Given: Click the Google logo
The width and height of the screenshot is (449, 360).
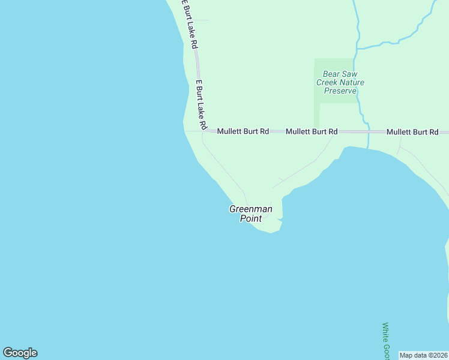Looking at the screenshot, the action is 20,353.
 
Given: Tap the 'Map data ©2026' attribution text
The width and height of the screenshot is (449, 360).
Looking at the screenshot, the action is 424,355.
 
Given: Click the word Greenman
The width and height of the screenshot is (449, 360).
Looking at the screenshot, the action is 251,209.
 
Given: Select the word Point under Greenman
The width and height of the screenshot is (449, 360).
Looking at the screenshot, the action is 251,218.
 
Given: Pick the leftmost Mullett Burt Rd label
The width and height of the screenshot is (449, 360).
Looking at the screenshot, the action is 243,131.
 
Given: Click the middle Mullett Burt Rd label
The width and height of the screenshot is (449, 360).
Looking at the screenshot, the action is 311,131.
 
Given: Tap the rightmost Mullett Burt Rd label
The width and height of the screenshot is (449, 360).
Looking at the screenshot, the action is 412,131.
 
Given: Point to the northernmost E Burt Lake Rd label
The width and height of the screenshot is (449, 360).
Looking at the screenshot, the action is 190,24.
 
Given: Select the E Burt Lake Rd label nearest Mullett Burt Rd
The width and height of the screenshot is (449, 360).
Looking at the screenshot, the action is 200,105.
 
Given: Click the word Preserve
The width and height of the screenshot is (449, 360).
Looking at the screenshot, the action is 340,91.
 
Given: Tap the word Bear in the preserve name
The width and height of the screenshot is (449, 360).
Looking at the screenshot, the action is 332,74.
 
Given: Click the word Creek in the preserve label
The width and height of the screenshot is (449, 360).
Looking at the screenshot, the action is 327,82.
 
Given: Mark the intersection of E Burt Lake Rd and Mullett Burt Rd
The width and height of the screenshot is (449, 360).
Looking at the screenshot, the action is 205,130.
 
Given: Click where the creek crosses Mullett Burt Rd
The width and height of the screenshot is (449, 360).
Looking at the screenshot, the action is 366,131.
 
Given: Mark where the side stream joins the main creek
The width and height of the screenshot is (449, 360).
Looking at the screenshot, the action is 357,49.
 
